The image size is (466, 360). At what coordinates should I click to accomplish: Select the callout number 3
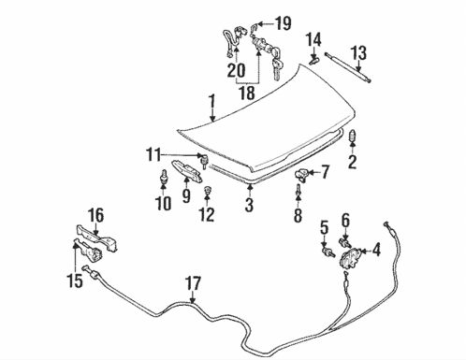pyautogui.click(x=250, y=203)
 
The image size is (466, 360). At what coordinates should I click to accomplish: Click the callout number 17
pyautogui.click(x=193, y=281)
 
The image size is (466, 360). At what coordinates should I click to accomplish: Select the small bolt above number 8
pyautogui.click(x=299, y=190)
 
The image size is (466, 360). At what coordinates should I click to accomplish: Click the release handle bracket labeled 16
pyautogui.click(x=97, y=238)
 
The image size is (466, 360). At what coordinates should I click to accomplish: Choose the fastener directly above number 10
pyautogui.click(x=166, y=178)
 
